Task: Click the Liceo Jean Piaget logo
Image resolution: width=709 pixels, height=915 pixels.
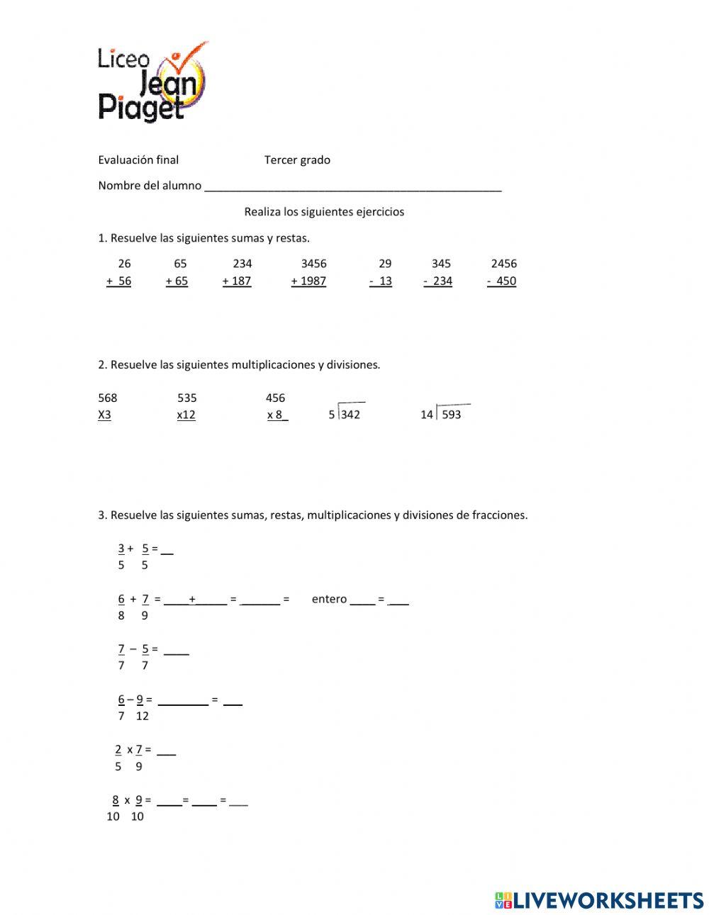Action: pos(152,82)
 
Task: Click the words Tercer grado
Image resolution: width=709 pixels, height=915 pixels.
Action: pos(297,160)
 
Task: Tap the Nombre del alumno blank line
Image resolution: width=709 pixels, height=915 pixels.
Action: pos(352,187)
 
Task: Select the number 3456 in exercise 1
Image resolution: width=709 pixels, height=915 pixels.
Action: pos(313,264)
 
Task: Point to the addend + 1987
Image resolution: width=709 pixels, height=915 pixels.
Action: pos(308,281)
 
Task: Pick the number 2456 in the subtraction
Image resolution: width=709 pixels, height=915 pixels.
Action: pos(503,264)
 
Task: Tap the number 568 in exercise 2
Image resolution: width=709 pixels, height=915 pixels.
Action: pos(108,398)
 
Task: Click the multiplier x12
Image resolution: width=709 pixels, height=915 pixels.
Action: pos(186,415)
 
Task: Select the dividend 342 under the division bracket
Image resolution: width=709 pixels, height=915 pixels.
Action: pos(350,415)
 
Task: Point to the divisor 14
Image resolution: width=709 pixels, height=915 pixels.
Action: pos(426,415)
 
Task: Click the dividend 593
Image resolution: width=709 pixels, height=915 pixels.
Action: pos(451,415)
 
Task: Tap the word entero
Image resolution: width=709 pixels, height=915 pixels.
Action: pos(329,600)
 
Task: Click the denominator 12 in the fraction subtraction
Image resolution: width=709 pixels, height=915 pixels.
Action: pos(143,717)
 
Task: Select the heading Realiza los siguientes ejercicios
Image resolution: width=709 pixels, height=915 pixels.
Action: pos(324,212)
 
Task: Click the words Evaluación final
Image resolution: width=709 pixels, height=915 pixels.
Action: pos(138,160)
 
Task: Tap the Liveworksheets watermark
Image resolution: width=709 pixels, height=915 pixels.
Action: pos(599,900)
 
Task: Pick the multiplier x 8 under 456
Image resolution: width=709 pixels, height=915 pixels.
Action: pos(277,415)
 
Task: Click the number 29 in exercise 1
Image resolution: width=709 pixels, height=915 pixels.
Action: pos(385,264)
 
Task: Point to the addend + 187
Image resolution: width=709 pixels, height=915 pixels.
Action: pos(237,281)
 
